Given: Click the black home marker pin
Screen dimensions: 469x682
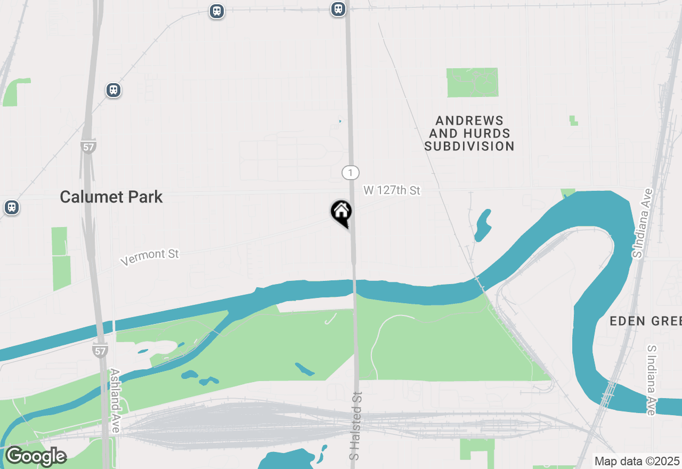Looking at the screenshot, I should point(341,212).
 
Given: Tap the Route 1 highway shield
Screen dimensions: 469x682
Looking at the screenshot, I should point(350,173).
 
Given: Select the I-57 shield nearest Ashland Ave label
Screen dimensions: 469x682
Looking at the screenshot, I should point(100,350).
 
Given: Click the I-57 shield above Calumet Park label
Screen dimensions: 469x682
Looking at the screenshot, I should point(88,147).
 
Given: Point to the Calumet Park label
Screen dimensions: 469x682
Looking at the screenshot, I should point(111,197).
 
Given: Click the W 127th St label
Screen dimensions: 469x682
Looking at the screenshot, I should point(392,190).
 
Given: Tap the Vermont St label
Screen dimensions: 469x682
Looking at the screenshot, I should point(150,257).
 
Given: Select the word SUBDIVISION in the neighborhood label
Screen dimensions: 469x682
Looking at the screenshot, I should point(469,146).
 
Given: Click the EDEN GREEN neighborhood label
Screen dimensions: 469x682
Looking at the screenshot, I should point(645,321).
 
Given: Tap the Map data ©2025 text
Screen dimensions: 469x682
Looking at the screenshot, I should point(637,461).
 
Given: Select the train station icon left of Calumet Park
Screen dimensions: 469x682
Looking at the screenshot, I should point(11,207).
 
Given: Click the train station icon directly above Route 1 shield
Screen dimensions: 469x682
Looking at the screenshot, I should point(338,9).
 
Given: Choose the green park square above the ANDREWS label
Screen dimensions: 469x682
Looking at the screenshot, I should point(473,83).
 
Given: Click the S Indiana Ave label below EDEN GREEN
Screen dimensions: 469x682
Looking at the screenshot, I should point(652,379).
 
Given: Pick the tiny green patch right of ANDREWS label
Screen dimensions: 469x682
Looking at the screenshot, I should point(573,120).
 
